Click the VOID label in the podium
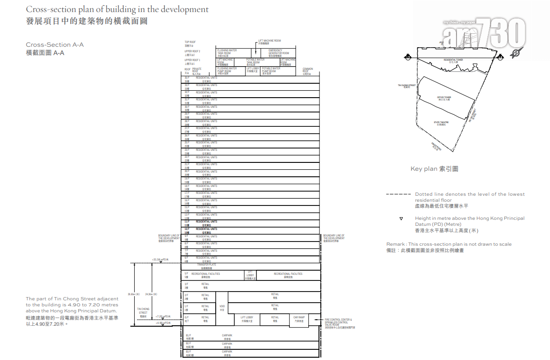[x=222, y=308]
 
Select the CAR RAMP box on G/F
[x=299, y=319]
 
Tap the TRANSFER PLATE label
[x=206, y=266]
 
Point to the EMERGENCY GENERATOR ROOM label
[x=278, y=52]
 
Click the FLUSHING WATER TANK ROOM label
[x=227, y=52]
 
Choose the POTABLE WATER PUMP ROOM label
[x=271, y=70]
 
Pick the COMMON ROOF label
[x=308, y=71]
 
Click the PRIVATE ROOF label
[x=197, y=71]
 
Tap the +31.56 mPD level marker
[x=160, y=260]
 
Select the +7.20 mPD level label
[x=163, y=317]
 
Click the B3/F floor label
[x=189, y=353]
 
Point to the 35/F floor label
[x=187, y=79]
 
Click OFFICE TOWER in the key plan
[x=444, y=98]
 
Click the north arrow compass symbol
[x=515, y=54]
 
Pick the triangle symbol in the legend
[x=401, y=218]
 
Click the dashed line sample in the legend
[x=399, y=194]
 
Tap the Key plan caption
[x=434, y=169]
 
